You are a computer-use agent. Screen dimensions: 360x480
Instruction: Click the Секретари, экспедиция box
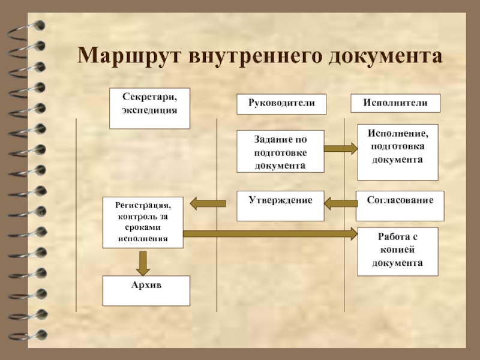(149, 108)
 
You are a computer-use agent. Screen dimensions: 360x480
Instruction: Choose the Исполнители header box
(395, 103)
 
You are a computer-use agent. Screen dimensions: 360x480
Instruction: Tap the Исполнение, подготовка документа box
(397, 152)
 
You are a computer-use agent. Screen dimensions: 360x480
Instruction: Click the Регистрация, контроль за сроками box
(143, 222)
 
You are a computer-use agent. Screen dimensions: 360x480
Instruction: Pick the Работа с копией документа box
(398, 251)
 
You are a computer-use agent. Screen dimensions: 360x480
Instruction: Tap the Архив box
(146, 290)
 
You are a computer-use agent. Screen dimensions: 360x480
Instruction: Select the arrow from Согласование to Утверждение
(341, 204)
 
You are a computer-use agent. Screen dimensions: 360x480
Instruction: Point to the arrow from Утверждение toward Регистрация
(208, 204)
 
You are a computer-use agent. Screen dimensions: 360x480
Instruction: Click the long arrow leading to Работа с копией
(270, 234)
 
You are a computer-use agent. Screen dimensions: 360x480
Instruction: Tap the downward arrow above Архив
(143, 262)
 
